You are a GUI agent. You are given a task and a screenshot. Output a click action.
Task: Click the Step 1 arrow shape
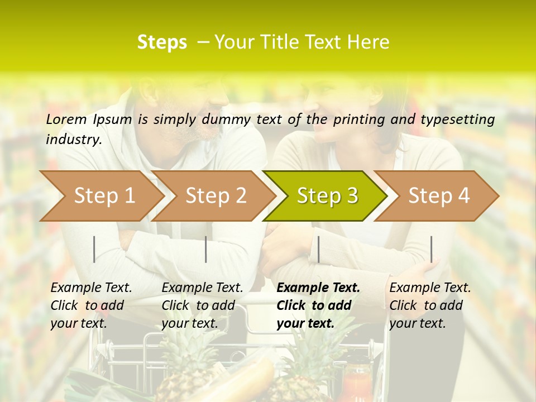point(104,195)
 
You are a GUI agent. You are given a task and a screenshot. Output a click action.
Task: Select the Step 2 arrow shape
point(216,195)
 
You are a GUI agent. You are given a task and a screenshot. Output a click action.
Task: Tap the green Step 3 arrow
point(327,195)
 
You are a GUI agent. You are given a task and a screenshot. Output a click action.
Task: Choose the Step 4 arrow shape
point(439,195)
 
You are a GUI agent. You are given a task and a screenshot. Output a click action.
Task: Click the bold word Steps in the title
point(162,42)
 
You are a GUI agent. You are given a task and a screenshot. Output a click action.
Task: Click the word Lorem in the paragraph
point(66,119)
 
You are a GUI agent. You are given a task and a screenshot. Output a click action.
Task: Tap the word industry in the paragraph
point(73,139)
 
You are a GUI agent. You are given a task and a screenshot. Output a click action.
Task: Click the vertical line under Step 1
point(94,249)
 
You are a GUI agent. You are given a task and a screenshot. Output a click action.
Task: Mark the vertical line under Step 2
point(206,249)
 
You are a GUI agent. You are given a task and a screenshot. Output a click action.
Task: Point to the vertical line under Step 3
point(318,249)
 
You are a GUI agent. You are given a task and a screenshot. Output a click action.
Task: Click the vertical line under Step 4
point(431,249)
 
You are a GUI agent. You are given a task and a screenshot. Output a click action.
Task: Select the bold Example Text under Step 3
point(318,288)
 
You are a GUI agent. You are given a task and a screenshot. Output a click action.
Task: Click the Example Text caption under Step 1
point(91,288)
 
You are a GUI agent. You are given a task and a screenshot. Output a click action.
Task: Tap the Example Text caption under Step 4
point(430,288)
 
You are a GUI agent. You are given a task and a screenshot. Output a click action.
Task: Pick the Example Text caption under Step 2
point(202,288)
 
